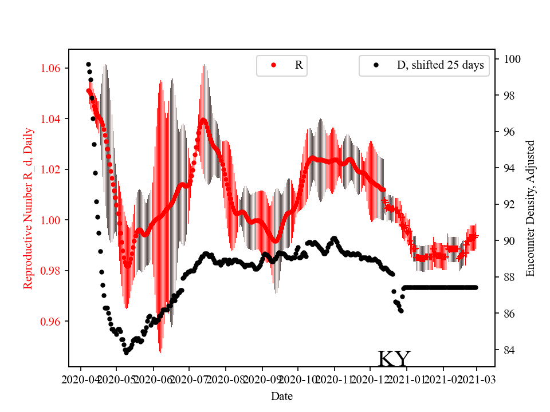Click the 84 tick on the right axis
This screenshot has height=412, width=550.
(x=509, y=350)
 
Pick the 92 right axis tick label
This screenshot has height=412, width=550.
(x=509, y=205)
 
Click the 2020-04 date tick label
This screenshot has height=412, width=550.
(x=81, y=379)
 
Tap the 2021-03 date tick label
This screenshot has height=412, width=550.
(x=477, y=379)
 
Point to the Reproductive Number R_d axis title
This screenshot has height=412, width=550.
(x=28, y=208)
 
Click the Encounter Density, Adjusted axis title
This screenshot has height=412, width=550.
(x=530, y=208)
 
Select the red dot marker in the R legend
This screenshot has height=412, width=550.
(x=273, y=65)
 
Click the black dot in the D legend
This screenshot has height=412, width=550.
(x=376, y=65)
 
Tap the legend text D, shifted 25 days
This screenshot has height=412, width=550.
(x=440, y=65)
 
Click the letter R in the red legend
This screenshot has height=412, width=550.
(x=298, y=65)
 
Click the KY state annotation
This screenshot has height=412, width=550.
(x=394, y=359)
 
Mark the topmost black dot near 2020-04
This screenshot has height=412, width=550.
(x=88, y=64)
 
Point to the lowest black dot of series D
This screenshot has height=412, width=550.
(x=126, y=352)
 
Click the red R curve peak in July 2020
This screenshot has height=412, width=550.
(x=203, y=120)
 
